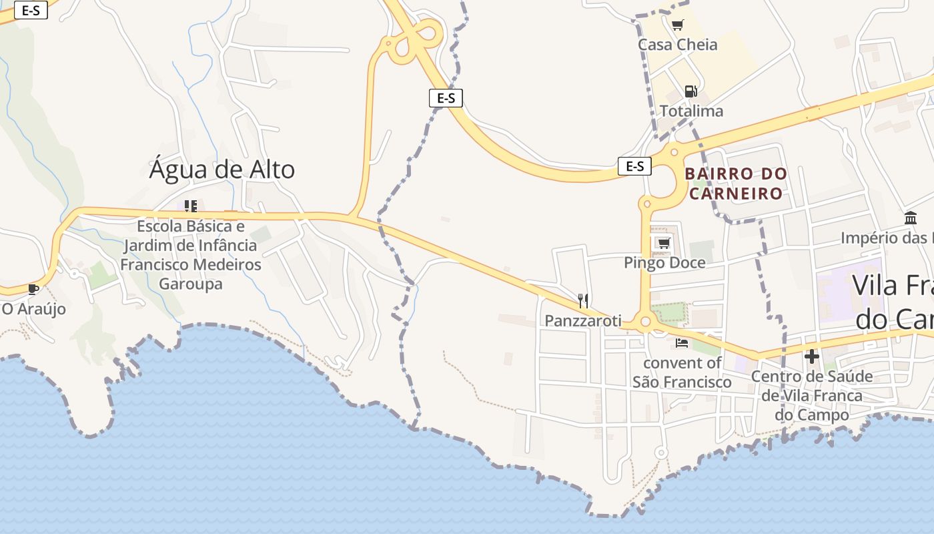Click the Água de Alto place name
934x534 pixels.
point(221,170)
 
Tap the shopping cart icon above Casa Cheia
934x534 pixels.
point(677,25)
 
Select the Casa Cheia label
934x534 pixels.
point(677,45)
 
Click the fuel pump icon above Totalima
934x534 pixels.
point(690,91)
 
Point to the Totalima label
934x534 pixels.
point(691,111)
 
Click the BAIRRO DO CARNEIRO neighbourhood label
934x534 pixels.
point(736,184)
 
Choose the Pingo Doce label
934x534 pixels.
point(664,262)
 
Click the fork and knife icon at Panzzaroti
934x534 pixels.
point(583,300)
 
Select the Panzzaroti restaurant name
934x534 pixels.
point(583,320)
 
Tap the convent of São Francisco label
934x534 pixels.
point(682,372)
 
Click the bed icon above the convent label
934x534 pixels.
point(681,343)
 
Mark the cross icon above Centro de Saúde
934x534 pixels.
point(811,356)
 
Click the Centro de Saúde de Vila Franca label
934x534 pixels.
point(812,395)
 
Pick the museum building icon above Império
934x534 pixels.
point(911,218)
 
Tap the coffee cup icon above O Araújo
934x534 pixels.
point(33,289)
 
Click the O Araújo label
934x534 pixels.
point(33,308)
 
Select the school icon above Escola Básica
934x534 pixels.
point(191,206)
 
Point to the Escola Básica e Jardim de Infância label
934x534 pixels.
point(191,255)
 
